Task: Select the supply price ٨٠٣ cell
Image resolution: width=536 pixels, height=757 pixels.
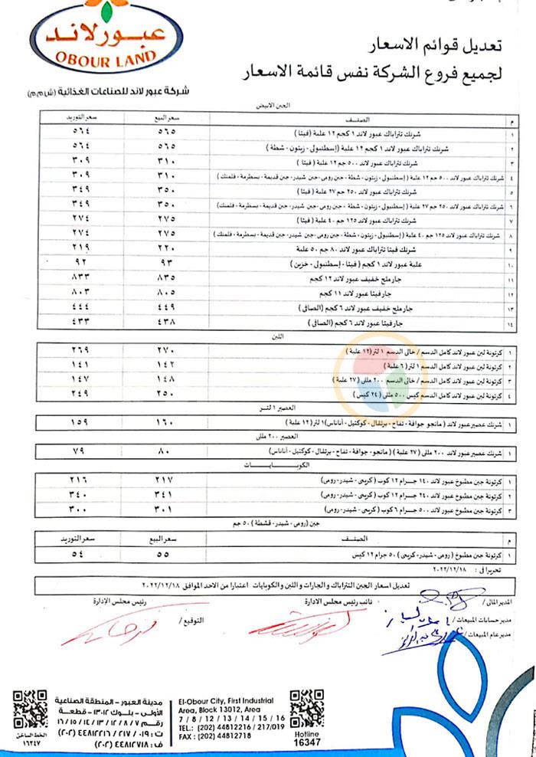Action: (80, 292)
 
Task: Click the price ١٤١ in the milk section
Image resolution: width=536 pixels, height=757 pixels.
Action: (80, 365)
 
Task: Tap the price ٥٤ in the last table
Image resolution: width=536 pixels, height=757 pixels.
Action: (80, 552)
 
